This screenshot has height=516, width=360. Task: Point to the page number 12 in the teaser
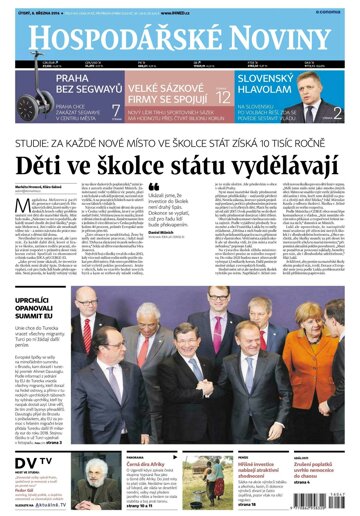click(x=223, y=96)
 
